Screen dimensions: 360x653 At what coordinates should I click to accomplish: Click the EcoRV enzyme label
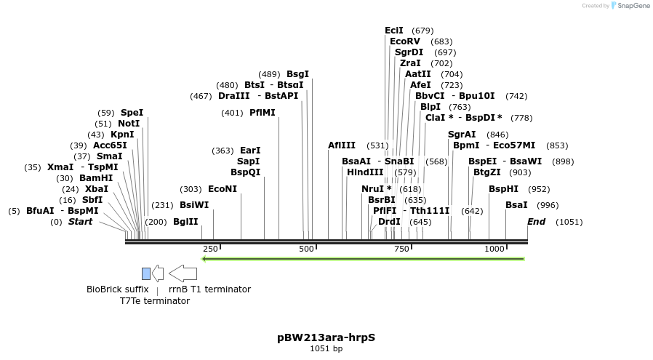click(x=405, y=41)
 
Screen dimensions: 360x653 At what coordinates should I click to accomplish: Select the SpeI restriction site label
click(x=132, y=113)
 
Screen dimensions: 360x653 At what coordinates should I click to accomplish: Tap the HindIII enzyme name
click(x=364, y=172)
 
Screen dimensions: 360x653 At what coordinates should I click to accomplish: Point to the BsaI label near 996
click(x=516, y=205)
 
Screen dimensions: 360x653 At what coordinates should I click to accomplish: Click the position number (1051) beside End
click(x=569, y=222)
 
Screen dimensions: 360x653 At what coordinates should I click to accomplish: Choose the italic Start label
click(x=80, y=222)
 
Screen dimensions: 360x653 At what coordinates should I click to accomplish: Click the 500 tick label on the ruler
click(x=306, y=249)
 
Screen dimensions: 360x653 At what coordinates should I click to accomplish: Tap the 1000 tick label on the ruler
click(x=494, y=249)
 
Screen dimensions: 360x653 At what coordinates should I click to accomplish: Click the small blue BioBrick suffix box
click(x=146, y=273)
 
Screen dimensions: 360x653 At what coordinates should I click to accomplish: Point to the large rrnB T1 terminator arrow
click(x=183, y=273)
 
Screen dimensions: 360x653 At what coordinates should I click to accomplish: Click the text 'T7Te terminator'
click(x=154, y=301)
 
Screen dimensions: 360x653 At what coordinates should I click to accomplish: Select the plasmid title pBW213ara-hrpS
click(x=326, y=337)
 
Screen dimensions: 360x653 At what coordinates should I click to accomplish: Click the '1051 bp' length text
click(x=326, y=349)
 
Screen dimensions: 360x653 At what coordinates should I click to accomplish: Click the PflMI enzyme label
click(x=262, y=113)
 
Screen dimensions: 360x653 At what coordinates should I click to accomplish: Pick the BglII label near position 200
click(x=185, y=222)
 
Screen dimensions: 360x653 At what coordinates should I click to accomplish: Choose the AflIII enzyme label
click(x=342, y=145)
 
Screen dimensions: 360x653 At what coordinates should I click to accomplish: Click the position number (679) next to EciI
click(x=422, y=31)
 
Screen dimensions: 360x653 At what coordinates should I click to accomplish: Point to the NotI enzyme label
click(x=128, y=124)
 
